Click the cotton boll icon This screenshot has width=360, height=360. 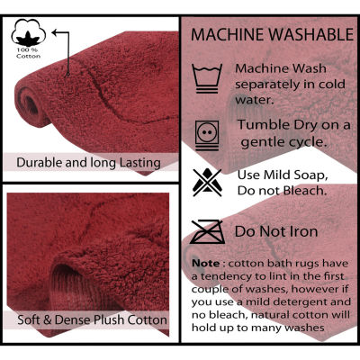[29, 32]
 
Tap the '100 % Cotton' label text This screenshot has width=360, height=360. [29, 53]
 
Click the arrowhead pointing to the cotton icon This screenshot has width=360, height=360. [55, 32]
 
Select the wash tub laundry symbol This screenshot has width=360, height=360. [207, 78]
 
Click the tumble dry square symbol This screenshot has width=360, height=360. [207, 135]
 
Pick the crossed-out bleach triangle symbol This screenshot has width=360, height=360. [207, 183]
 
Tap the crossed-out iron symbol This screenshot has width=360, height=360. [207, 231]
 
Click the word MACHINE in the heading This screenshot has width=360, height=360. [228, 34]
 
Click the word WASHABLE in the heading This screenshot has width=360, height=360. [311, 34]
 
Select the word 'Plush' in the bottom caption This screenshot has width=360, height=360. [109, 319]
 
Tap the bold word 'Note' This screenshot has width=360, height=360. [206, 263]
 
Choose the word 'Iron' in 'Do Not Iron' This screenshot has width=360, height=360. [304, 231]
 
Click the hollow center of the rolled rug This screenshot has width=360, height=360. [31, 105]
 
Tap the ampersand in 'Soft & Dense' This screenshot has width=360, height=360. [48, 319]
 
